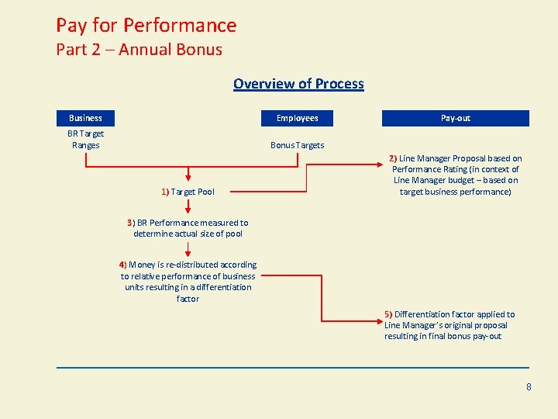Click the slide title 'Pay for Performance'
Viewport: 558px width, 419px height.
(146, 26)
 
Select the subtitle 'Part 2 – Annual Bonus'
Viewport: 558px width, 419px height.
(139, 50)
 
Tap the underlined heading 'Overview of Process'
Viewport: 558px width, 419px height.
(298, 84)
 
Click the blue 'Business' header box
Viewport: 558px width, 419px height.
(85, 118)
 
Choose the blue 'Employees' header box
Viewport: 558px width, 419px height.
(297, 118)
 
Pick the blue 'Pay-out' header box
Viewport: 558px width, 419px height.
(455, 118)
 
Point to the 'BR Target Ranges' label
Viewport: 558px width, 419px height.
(85, 139)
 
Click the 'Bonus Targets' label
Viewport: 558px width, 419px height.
(297, 145)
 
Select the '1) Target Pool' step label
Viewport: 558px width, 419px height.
(188, 192)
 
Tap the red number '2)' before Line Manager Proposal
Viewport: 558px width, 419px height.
(393, 158)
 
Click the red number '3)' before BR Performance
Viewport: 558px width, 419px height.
(131, 223)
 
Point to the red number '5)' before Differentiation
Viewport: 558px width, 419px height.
(388, 314)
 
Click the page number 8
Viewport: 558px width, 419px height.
(529, 386)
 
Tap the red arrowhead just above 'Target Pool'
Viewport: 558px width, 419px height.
(188, 182)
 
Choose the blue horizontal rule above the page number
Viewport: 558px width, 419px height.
(293, 367)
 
